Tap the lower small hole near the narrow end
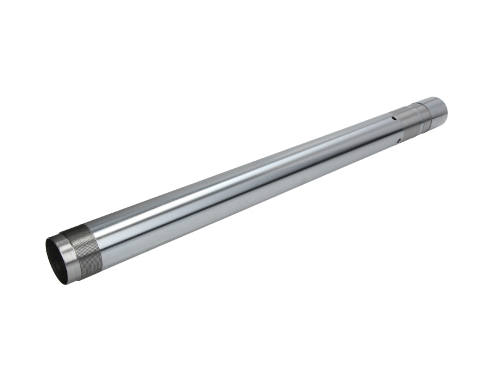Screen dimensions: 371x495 (399, 140)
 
